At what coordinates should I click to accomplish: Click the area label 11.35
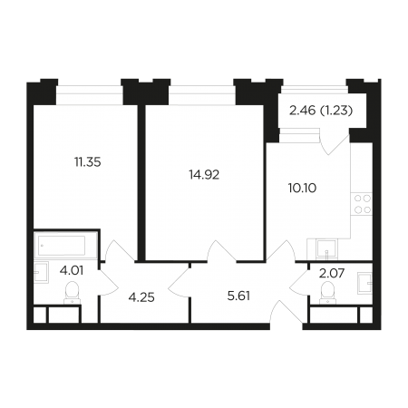(x=88, y=162)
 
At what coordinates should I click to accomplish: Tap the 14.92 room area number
(x=204, y=175)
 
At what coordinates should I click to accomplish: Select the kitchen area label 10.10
(x=302, y=188)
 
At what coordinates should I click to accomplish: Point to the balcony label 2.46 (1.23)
(x=321, y=111)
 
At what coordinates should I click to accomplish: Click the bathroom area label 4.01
(x=72, y=270)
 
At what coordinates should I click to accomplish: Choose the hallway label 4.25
(x=141, y=297)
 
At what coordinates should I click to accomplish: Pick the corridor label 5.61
(x=238, y=296)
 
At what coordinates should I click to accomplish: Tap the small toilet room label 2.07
(x=332, y=274)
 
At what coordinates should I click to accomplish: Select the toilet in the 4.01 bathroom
(x=72, y=293)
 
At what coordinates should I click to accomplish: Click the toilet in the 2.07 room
(x=327, y=293)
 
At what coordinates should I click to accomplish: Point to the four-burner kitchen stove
(x=362, y=204)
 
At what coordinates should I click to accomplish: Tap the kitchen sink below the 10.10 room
(x=326, y=249)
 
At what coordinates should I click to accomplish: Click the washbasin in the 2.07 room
(x=364, y=283)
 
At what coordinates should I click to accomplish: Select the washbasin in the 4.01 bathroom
(x=41, y=272)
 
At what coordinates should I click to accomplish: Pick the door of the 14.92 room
(x=221, y=250)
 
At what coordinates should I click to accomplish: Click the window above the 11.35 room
(x=90, y=95)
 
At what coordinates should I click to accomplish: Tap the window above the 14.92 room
(x=202, y=95)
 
